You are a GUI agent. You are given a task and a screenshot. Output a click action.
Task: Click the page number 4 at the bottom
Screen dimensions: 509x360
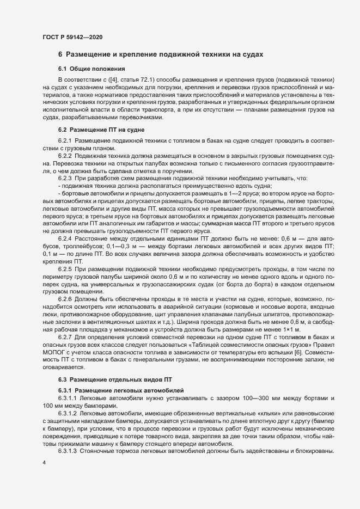(x=44, y=462)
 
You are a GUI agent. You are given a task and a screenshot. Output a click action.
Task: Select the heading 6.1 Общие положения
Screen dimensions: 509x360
(x=92, y=69)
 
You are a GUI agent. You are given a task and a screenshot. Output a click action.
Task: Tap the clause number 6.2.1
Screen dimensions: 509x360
(x=65, y=140)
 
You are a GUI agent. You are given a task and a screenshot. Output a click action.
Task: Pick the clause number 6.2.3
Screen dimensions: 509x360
(x=65, y=178)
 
